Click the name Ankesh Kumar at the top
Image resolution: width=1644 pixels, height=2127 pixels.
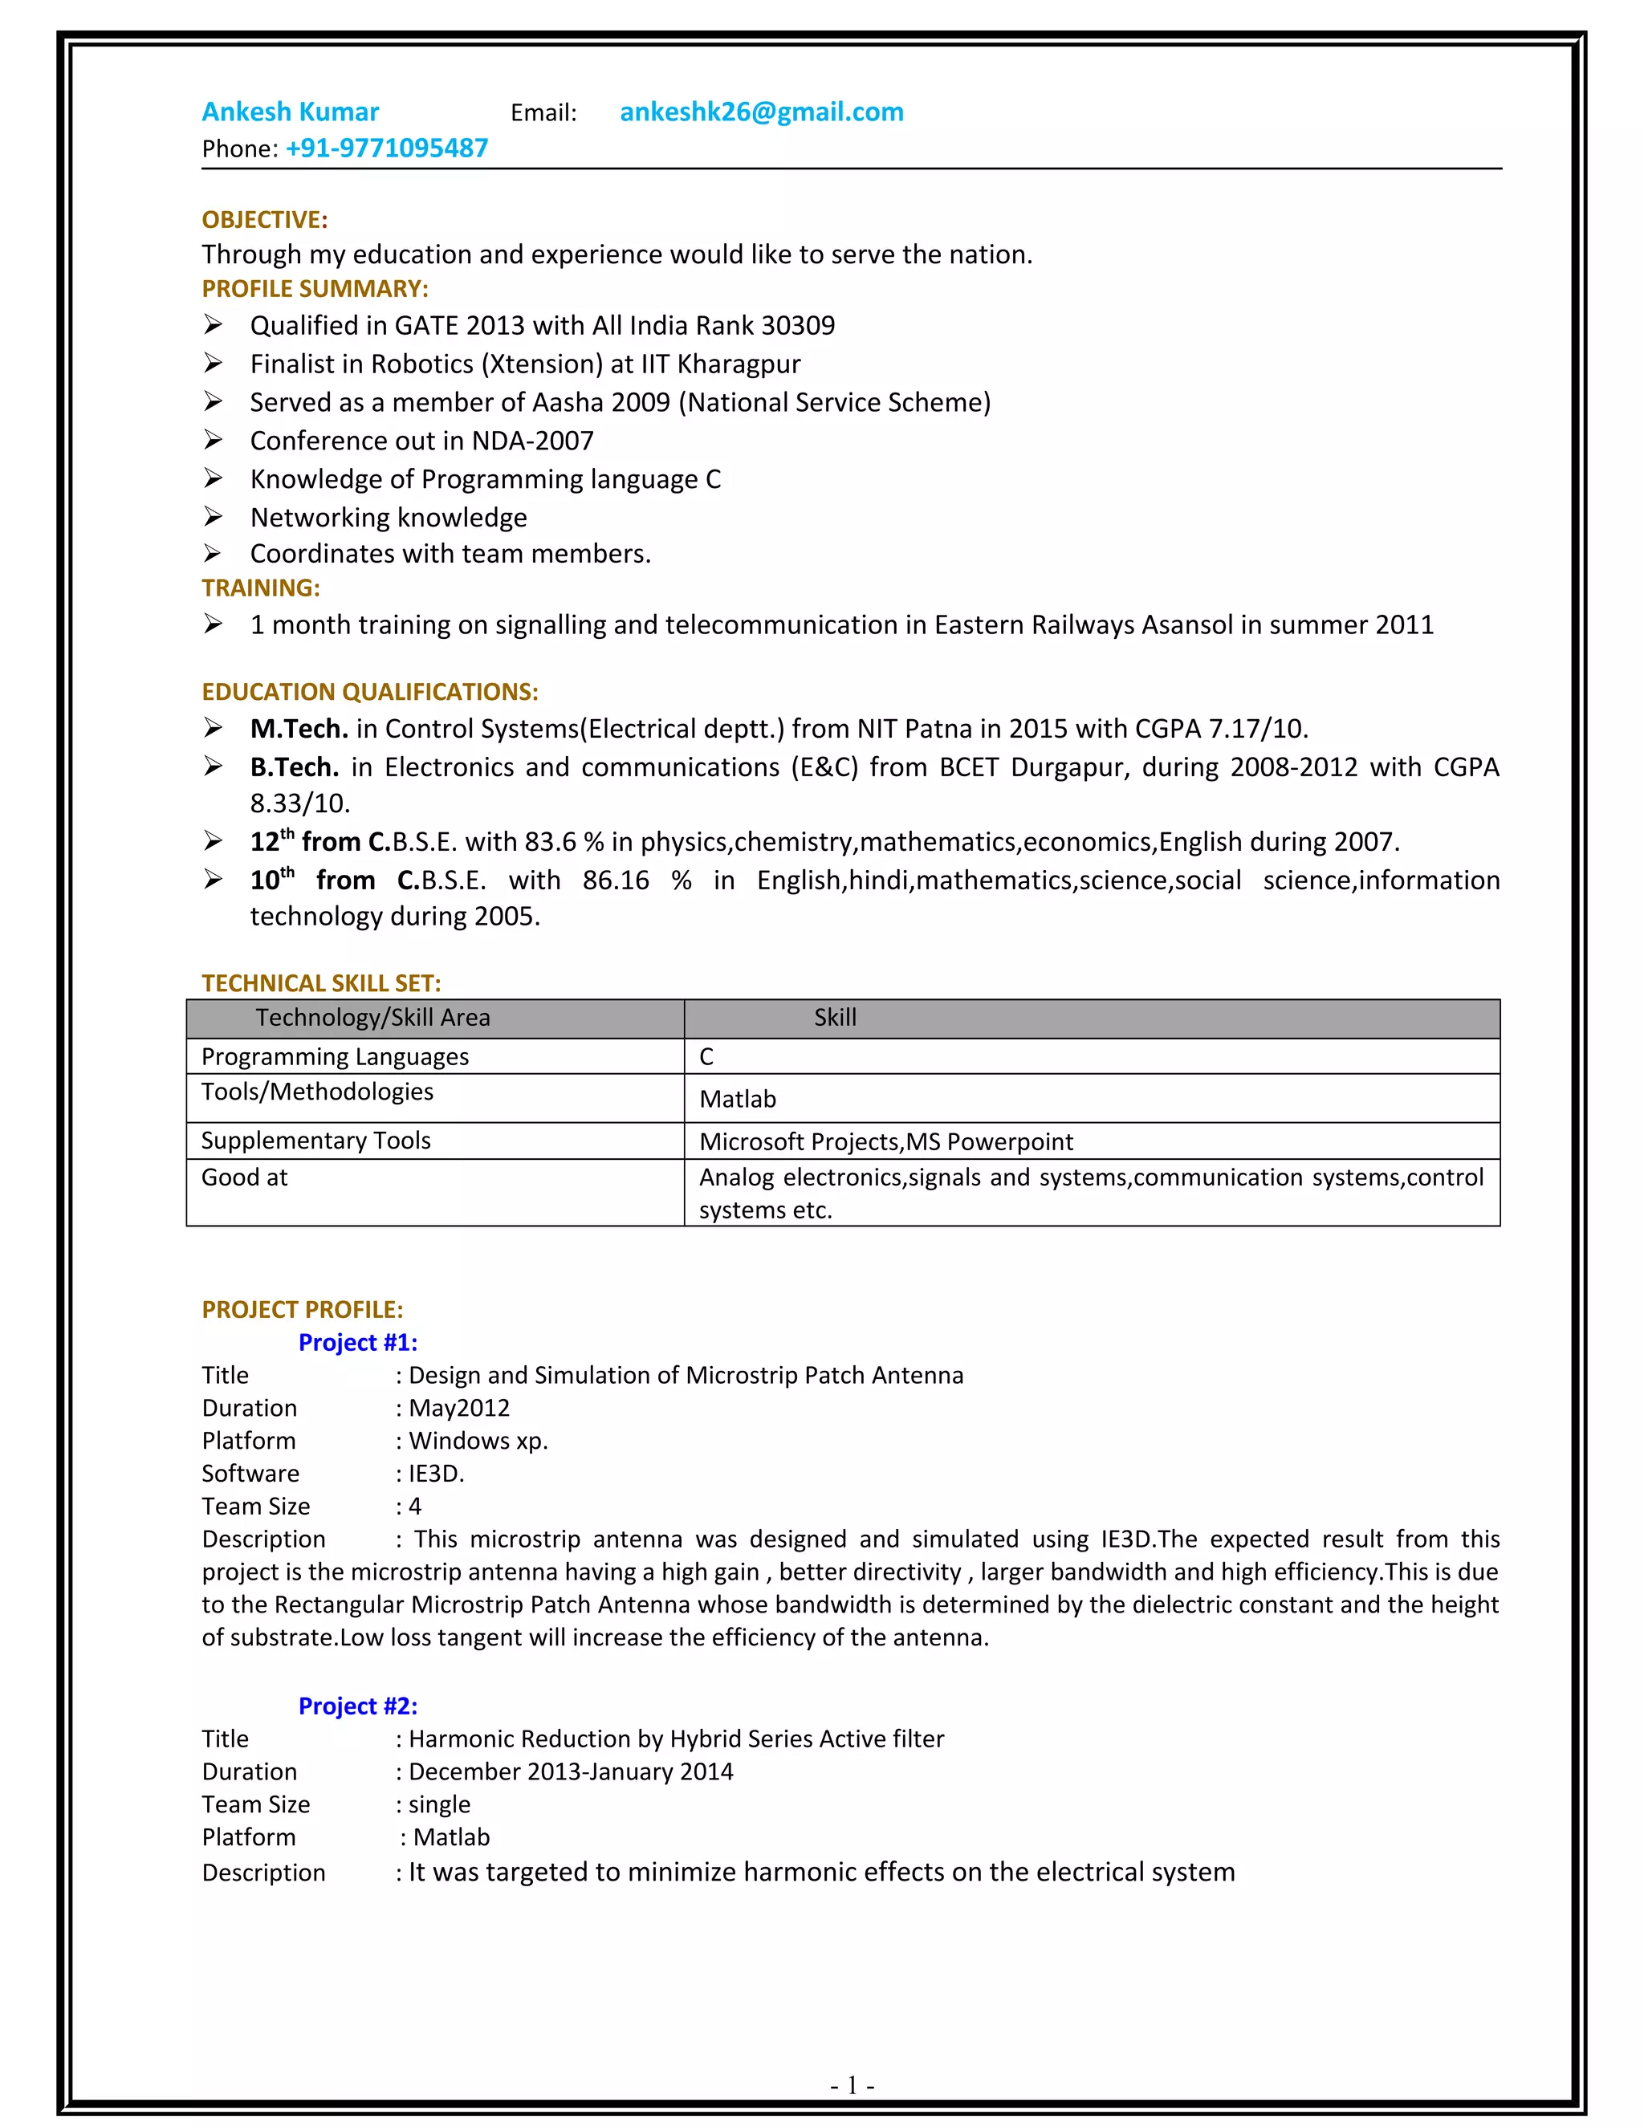[x=291, y=112]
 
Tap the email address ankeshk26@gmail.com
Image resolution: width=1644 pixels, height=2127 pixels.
[x=761, y=112]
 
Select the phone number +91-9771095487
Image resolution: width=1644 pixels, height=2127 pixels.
[x=387, y=148]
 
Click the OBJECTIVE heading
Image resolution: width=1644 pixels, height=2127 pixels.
[x=264, y=219]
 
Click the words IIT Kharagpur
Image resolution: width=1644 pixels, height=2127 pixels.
[x=720, y=364]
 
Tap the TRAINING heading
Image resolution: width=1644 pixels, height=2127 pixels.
[x=260, y=588]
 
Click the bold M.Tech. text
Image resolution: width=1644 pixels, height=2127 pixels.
[x=299, y=729]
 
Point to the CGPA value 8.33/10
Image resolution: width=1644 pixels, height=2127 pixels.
[x=299, y=803]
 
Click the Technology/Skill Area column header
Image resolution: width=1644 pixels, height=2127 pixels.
[x=373, y=1018]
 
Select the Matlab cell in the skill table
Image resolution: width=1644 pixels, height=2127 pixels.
[x=737, y=1099]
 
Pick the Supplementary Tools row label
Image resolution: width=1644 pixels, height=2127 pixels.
[x=315, y=1141]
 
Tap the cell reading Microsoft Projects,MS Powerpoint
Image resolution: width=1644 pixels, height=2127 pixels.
[x=885, y=1141]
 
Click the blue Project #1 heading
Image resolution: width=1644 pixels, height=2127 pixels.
[x=357, y=1342]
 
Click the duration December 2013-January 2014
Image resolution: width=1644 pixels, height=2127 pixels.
[x=571, y=1771]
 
